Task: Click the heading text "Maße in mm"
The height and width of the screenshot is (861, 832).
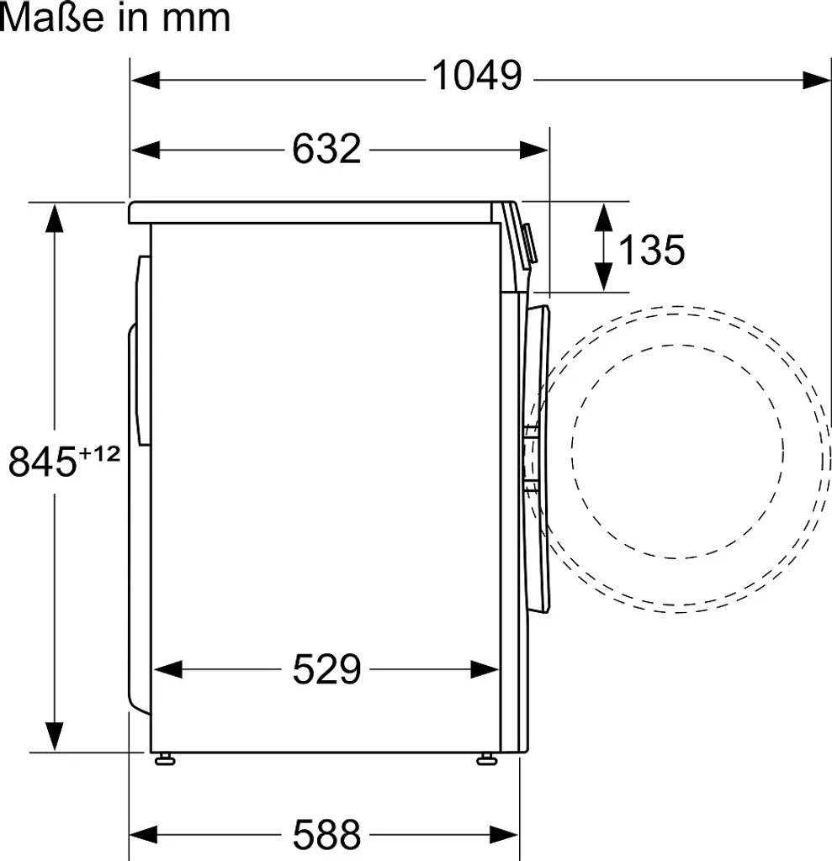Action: (x=115, y=18)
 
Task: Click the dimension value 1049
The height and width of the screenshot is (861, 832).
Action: (x=476, y=77)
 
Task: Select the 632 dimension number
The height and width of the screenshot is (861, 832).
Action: (x=326, y=150)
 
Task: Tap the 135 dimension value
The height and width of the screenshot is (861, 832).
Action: (x=652, y=249)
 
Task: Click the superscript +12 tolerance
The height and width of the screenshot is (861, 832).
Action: (x=99, y=454)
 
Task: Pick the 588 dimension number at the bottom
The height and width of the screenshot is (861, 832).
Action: (x=326, y=835)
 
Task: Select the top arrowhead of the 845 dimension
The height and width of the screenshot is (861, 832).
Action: (x=56, y=217)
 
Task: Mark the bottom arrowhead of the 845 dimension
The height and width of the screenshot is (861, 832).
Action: (x=56, y=737)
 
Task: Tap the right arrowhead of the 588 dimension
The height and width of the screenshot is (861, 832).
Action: (x=506, y=836)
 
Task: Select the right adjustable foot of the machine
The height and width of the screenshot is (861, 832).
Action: (x=486, y=760)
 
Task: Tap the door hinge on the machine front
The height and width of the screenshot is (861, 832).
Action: (x=529, y=458)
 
